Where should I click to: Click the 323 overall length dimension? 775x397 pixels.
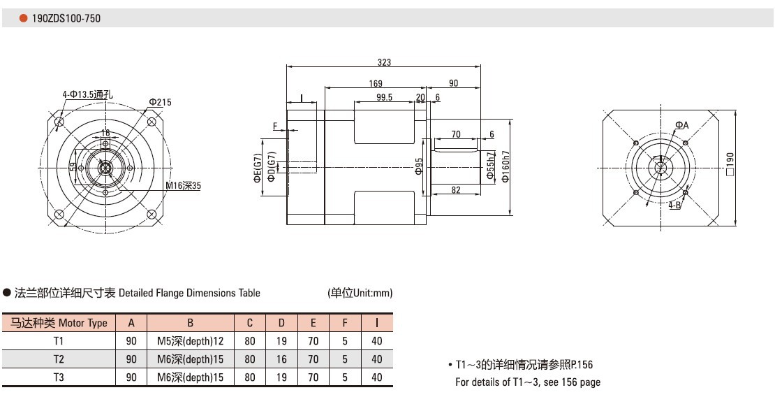[384, 62]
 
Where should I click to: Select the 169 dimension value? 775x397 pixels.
[376, 83]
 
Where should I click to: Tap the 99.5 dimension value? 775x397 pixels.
[384, 97]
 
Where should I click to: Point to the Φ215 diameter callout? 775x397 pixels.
[160, 102]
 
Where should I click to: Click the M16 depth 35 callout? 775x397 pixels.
[183, 186]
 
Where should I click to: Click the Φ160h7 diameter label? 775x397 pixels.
[505, 166]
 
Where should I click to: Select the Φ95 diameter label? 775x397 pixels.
[419, 166]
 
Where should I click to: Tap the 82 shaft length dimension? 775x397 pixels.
[455, 190]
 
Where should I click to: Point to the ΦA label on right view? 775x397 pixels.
[681, 125]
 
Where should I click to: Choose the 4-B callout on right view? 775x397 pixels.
[675, 205]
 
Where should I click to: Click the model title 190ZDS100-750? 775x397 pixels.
[66, 18]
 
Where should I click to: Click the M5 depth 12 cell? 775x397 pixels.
[190, 341]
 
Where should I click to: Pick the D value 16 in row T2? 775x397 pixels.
[281, 359]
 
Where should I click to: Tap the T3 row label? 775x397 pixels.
[59, 377]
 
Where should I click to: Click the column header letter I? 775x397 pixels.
[377, 323]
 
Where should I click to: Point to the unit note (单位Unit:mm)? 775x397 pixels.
[360, 293]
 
